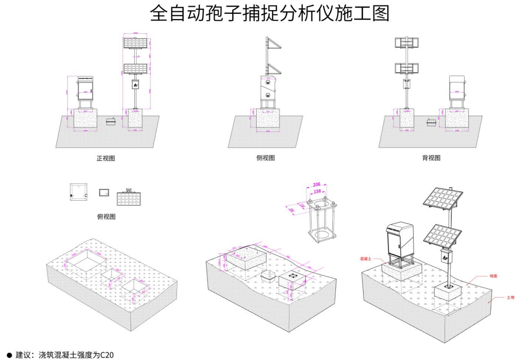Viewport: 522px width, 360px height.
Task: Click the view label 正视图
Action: pos(106,158)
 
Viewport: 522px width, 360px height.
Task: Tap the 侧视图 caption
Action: pos(265,158)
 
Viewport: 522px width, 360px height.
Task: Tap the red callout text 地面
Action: pos(494,276)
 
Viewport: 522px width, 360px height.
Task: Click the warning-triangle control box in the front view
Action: pos(135,84)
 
